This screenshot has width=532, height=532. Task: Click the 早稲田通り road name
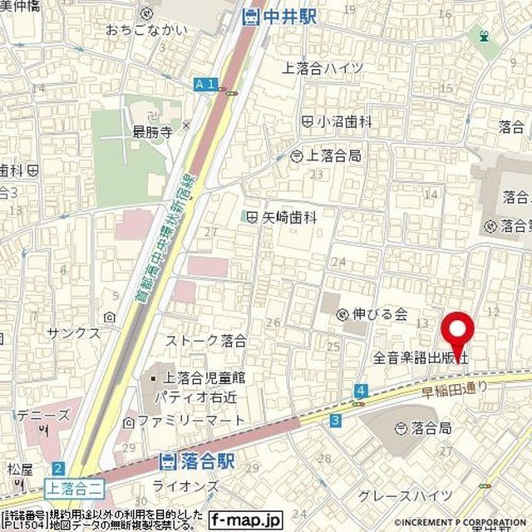[452, 385]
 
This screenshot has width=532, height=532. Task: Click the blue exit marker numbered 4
[360, 390]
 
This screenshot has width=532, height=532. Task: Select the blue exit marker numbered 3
[334, 421]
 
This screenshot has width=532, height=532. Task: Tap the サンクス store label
[74, 332]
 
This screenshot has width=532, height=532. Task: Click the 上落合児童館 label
[197, 377]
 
